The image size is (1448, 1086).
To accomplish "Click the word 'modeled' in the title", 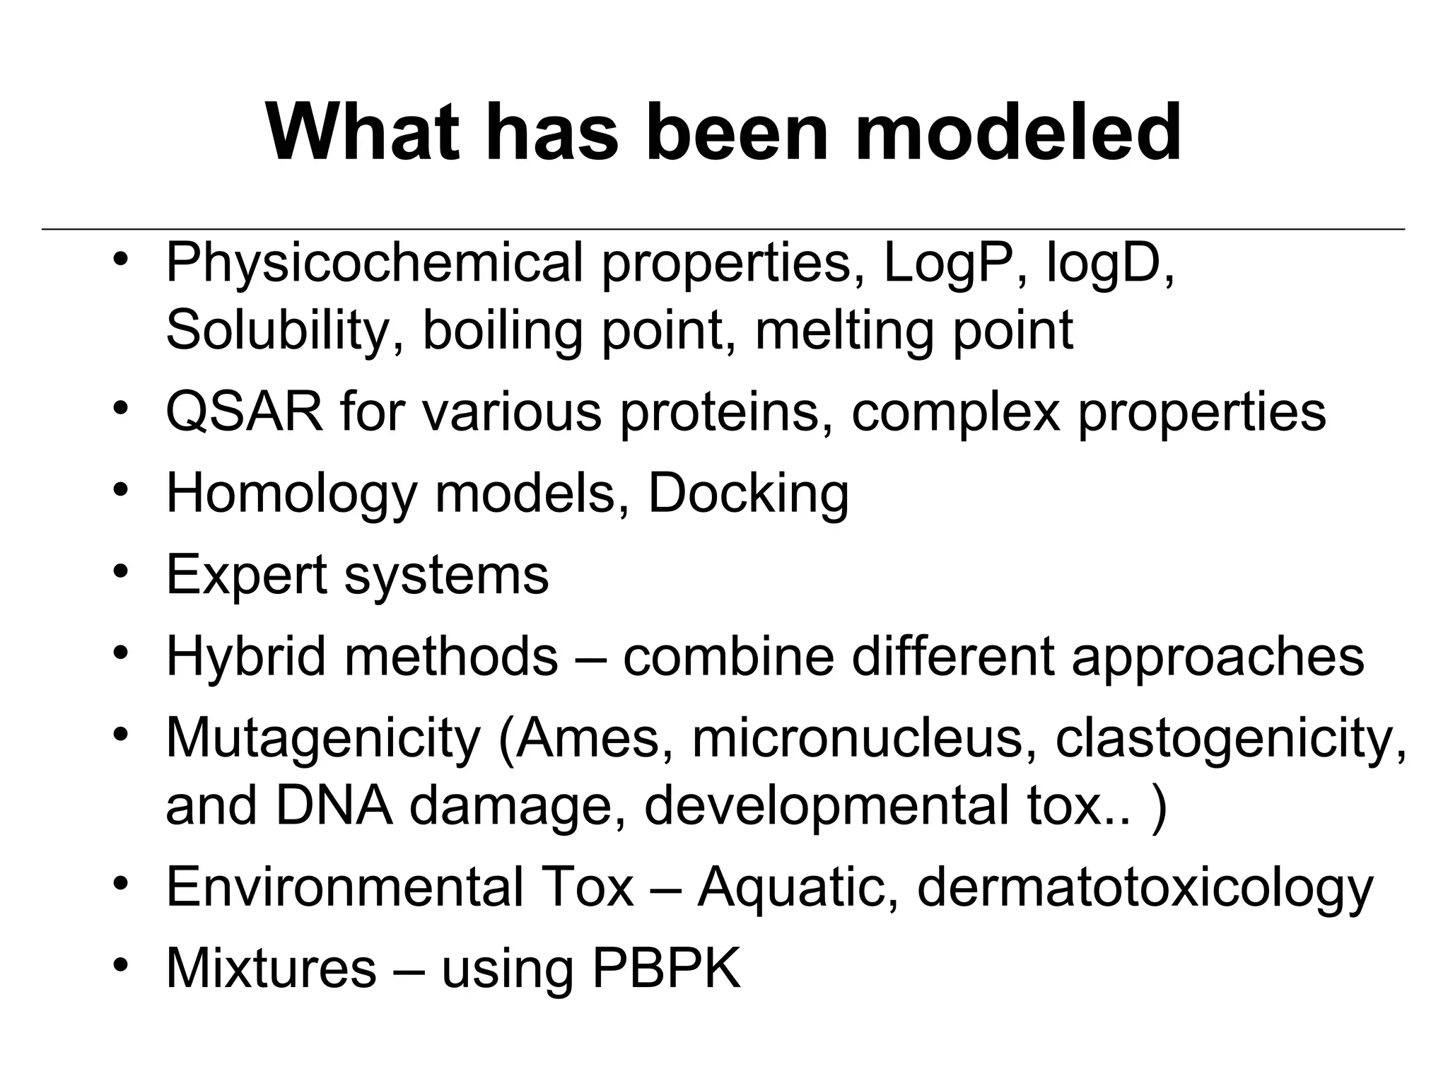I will [x=1018, y=132].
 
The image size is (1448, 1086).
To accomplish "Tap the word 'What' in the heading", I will [x=360, y=132].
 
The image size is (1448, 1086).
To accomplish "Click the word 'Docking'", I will [x=748, y=494].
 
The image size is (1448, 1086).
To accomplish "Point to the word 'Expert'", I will [x=246, y=574].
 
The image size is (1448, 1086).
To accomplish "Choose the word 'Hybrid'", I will [x=246, y=656].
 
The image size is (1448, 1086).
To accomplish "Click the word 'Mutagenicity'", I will [x=323, y=738].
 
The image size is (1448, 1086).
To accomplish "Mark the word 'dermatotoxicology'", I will [x=1145, y=888].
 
